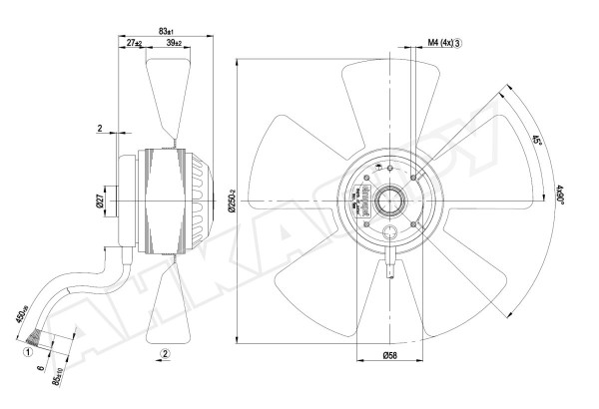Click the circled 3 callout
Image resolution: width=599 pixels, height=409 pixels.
tap(457, 43)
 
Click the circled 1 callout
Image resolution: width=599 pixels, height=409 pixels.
tap(29, 350)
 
